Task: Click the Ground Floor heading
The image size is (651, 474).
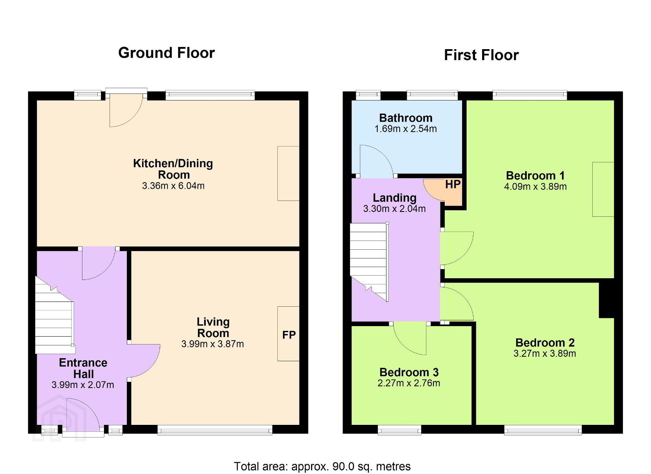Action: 167,53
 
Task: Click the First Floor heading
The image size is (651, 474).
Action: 481,55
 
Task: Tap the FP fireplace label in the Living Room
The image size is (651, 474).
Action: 289,335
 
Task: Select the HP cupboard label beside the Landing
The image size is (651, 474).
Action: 453,184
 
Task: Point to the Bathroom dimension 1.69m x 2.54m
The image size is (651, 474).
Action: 406,129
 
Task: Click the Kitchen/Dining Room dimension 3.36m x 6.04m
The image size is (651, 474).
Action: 173,186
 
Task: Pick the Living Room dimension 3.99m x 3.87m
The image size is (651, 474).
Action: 212,344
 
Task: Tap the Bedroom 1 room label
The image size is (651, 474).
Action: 535,176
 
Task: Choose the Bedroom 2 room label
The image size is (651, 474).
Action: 545,343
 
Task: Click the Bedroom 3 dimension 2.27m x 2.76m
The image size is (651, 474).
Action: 408,383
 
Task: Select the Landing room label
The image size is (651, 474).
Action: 394,198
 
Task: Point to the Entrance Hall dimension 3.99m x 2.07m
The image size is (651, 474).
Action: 83,385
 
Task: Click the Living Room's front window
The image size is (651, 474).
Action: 215,430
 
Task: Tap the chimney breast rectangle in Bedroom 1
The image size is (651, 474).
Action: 603,189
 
